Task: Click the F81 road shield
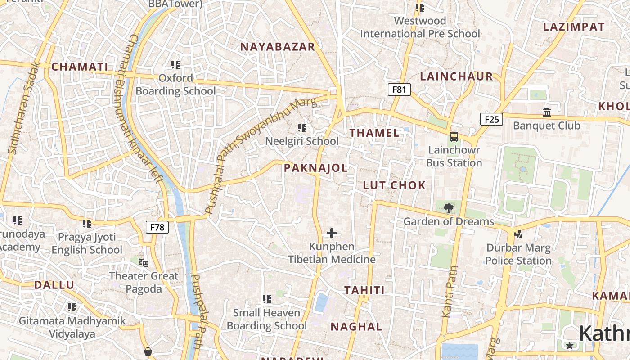coord(399,90)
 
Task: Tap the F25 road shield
coord(491,119)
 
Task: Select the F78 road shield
coord(157,227)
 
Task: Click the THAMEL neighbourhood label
coord(374,133)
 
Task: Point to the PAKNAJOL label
coord(315,168)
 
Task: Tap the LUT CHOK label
coord(394,185)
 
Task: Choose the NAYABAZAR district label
coord(277,47)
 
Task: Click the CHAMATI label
coord(80,67)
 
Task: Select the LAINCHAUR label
coord(456,76)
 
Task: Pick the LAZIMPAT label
coord(574,27)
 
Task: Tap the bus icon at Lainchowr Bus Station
coord(454,136)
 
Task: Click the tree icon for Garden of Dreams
coord(448,208)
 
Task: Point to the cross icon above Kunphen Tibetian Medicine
coord(332,233)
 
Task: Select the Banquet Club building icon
coord(547,112)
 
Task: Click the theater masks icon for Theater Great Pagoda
coord(144,262)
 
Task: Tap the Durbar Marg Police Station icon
coord(518,234)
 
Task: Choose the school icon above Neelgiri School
coord(302,128)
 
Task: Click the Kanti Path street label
coord(450,292)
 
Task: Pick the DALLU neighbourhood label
coord(54,285)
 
